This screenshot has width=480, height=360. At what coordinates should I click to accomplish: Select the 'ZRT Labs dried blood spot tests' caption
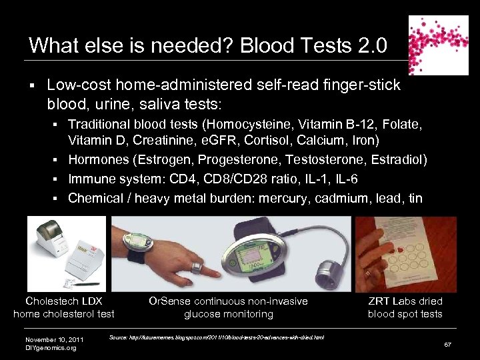405,307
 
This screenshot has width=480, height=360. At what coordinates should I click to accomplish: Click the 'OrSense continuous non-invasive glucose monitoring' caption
229,307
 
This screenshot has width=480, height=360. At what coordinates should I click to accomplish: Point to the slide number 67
449,343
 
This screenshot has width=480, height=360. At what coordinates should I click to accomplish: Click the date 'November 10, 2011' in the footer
54,339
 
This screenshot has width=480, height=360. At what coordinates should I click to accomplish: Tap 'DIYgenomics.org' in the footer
51,347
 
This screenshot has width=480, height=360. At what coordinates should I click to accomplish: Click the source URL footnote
217,337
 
